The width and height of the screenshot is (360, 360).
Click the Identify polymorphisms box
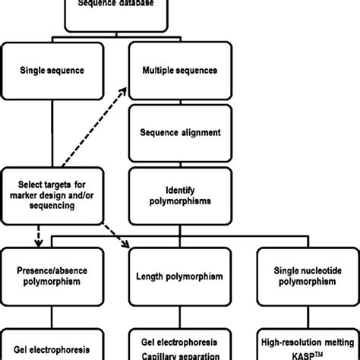coord(181,191)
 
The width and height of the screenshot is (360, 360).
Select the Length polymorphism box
coord(181,278)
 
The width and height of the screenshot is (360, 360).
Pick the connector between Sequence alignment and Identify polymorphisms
coord(181,161)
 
